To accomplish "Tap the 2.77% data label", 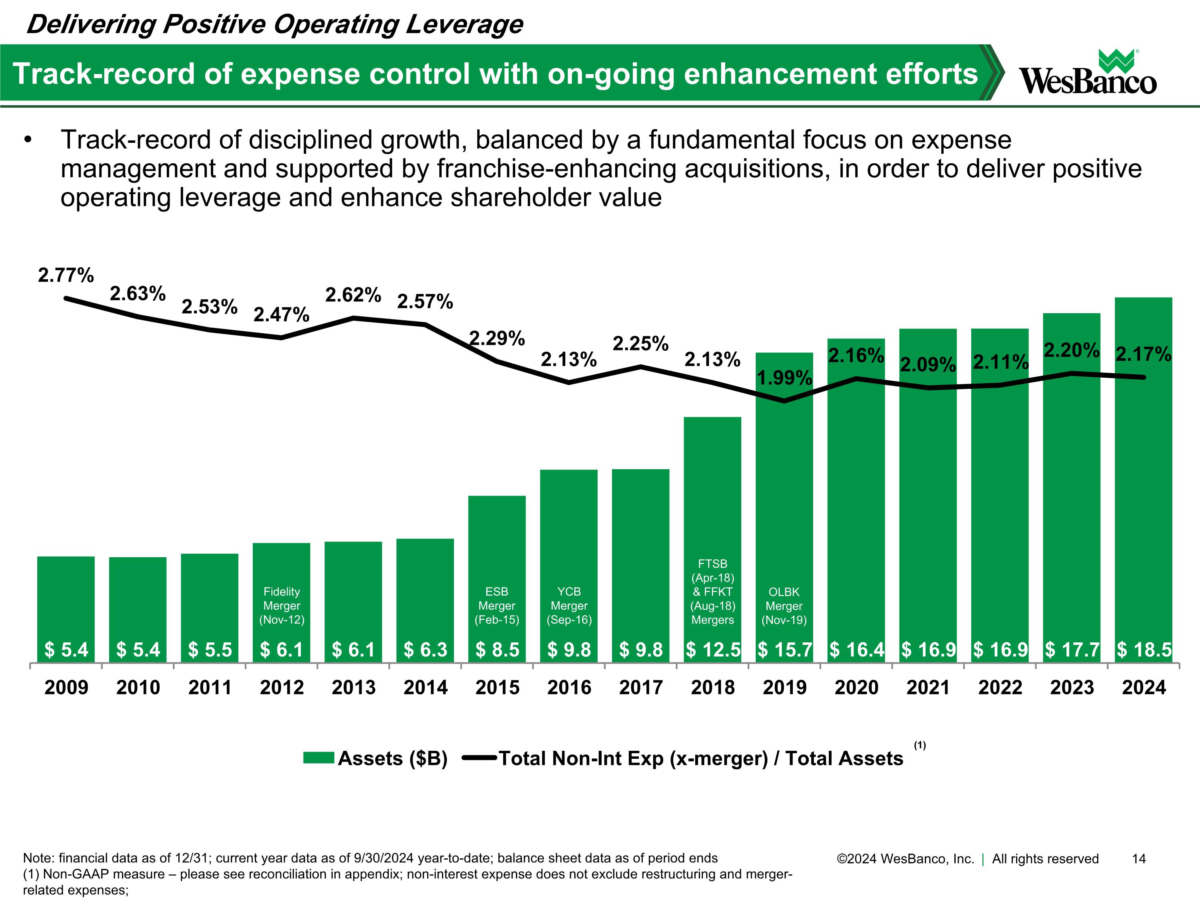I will (x=66, y=276).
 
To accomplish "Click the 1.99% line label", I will (x=784, y=378).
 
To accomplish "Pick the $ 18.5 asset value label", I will (x=1144, y=649).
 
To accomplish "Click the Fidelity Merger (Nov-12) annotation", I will (x=282, y=606).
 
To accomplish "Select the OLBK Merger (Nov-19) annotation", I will (x=784, y=606).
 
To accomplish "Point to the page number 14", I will (x=1139, y=859).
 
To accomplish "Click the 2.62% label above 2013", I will (x=353, y=295).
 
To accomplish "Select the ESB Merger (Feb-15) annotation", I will (x=497, y=606).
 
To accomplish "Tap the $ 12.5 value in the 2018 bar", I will (x=713, y=649).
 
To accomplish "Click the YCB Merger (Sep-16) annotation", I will (x=569, y=606).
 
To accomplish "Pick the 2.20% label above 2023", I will (x=1072, y=350).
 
